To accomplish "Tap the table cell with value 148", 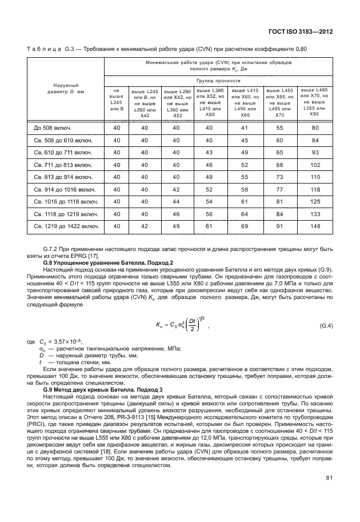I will click(314, 226).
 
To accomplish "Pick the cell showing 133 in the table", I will click(314, 213).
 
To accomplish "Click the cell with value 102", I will click(314, 164).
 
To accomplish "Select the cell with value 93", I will click(314, 152).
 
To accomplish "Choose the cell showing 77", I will click(279, 189).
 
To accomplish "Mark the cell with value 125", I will click(314, 201).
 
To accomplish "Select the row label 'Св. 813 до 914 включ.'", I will click(59, 177).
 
